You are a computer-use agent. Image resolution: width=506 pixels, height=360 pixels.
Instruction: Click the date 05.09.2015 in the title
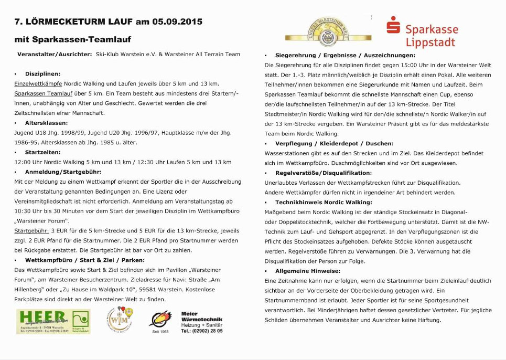pyautogui.click(x=177, y=22)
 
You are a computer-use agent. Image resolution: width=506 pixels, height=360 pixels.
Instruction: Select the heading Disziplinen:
pyautogui.click(x=42, y=74)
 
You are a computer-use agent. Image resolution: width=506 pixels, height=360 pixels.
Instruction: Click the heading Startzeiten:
pyautogui.click(x=42, y=152)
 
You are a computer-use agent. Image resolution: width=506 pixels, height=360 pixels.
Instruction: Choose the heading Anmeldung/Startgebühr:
pyautogui.click(x=63, y=172)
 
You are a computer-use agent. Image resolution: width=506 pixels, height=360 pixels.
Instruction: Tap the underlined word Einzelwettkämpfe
pyautogui.click(x=38, y=83)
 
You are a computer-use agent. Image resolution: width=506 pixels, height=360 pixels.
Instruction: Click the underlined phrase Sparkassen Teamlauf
pyautogui.click(x=42, y=93)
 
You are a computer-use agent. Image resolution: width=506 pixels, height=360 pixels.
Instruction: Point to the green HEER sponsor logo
pyautogui.click(x=53, y=322)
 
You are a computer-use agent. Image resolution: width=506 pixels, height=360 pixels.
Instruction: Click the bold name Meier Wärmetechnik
pyautogui.click(x=201, y=316)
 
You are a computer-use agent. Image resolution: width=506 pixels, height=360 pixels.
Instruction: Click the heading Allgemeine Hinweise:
pyautogui.click(x=308, y=271)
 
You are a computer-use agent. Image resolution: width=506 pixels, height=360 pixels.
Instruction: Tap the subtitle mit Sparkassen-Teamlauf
pyautogui.click(x=73, y=39)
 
